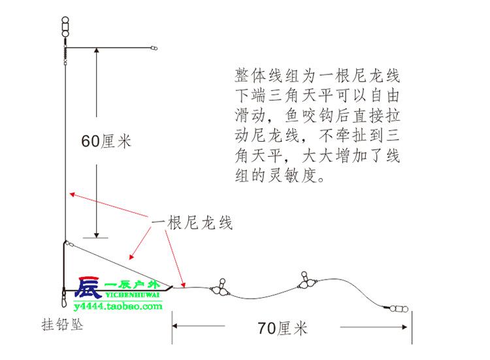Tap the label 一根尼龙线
pos(192,222)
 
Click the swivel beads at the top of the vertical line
pos(65,28)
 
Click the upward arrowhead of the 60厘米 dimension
pos(97,52)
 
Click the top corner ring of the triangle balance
pos(67,244)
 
